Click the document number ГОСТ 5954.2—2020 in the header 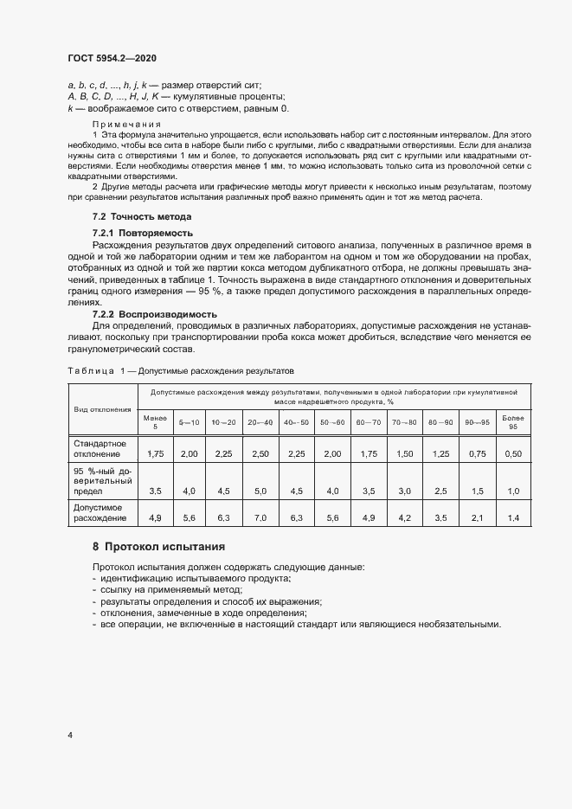pos(112,57)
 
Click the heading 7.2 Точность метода pos(142,216)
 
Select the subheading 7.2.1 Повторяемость pos(143,234)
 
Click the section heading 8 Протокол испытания pos(158,547)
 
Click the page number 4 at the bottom pos(69,735)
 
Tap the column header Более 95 pos(513,421)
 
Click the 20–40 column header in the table pos(260,421)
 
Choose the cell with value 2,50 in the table pos(260,453)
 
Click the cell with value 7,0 pos(260,517)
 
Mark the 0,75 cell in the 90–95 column pos(477,453)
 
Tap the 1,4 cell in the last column pos(513,517)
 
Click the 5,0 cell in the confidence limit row pos(260,491)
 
